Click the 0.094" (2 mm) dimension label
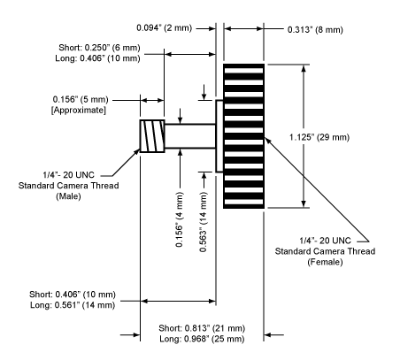[x=164, y=28]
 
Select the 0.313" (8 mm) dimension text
[x=315, y=30]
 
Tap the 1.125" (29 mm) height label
[x=319, y=137]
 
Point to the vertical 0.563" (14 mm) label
[x=204, y=222]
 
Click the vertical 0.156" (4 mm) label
[x=180, y=219]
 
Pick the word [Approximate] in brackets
[x=79, y=111]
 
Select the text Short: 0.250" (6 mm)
[x=99, y=48]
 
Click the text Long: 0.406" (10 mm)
[x=97, y=58]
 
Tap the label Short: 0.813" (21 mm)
[x=202, y=328]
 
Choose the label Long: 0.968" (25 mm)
[x=202, y=339]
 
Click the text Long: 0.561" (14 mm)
[x=73, y=305]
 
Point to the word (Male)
[x=68, y=196]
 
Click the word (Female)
[x=325, y=262]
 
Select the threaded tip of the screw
[x=152, y=136]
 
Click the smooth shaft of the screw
[x=190, y=136]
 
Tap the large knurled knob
[x=243, y=136]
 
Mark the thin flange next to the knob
[x=219, y=136]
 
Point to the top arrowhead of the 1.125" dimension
[x=304, y=68]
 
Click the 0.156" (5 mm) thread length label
[x=81, y=100]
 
